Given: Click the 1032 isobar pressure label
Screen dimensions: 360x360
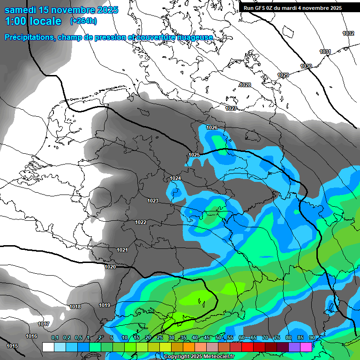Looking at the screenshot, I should (x=348, y=33).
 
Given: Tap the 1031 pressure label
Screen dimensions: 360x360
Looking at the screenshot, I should (x=325, y=52).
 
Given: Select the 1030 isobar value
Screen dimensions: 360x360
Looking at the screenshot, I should (x=306, y=66).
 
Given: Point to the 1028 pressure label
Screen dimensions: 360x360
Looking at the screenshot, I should (x=245, y=85).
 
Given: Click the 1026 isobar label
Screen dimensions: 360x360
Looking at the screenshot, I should (x=212, y=128).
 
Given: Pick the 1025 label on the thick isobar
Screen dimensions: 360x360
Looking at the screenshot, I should (x=194, y=155).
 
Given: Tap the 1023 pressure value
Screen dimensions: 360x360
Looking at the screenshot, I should (x=153, y=201).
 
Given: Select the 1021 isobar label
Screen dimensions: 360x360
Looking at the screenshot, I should (x=122, y=250).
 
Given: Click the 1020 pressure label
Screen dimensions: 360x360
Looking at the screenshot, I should (x=110, y=267).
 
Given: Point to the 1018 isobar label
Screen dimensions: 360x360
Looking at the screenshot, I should (x=75, y=307).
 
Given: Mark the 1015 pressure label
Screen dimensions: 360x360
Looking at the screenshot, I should (x=12, y=346).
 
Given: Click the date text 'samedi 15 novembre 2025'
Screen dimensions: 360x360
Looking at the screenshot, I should (x=61, y=10).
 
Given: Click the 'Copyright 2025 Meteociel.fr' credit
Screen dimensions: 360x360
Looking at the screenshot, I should (x=199, y=357).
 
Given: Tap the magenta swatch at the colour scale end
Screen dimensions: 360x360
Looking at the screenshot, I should (x=306, y=347).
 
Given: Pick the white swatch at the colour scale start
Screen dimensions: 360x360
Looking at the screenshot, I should (x=48, y=347).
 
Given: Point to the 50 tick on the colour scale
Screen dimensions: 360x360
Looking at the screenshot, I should (x=218, y=338).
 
